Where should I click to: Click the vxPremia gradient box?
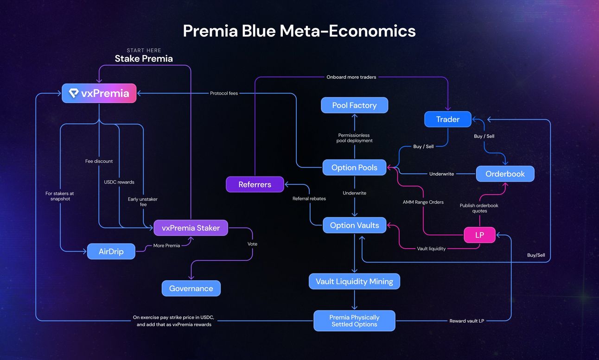tap(99, 93)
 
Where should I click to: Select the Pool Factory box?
tap(354, 105)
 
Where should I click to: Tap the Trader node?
tap(447, 119)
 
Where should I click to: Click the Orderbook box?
tap(505, 174)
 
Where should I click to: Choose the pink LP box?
tap(479, 235)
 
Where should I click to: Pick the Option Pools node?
tap(354, 167)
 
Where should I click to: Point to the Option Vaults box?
tap(354, 225)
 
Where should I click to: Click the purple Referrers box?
tap(255, 184)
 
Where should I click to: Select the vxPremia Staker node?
tap(191, 227)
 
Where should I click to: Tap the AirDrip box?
tap(111, 251)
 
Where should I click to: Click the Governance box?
tap(191, 288)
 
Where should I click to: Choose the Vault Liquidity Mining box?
tap(354, 281)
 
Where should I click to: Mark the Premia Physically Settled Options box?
tap(354, 321)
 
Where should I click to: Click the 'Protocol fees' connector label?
tap(224, 93)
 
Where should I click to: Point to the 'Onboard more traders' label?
tap(351, 77)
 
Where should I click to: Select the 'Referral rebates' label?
tap(309, 198)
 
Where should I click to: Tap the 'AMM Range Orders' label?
tap(423, 202)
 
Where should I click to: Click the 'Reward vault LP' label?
tap(466, 321)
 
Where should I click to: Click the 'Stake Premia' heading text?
tap(144, 58)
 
